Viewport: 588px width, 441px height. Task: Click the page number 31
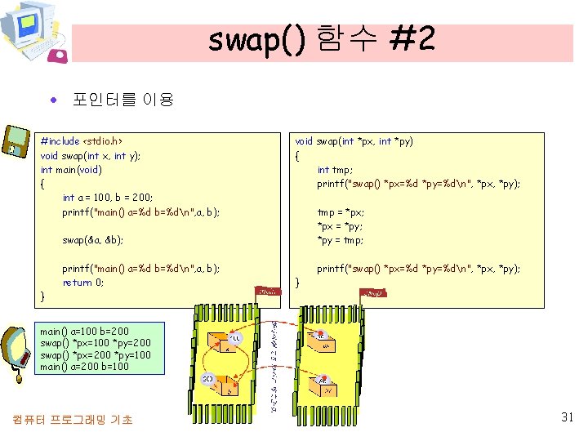568,417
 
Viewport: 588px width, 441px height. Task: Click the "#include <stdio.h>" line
81,141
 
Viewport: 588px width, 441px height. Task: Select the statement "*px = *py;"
340,226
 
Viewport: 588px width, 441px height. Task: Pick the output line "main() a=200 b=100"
85,367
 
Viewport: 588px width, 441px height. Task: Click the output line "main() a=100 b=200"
85,332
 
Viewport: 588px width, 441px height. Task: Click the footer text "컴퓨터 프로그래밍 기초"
72,420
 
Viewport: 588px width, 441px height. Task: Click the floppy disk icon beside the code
16,140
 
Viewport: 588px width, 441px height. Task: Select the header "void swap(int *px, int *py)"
354,141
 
